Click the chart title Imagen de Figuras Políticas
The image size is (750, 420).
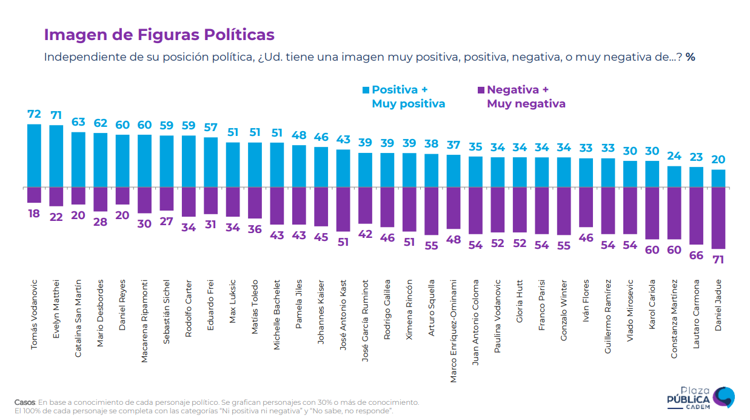(159, 35)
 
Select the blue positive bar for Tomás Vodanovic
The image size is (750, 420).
(35, 155)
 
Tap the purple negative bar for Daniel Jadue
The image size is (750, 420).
(718, 218)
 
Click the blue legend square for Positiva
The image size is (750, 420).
(366, 90)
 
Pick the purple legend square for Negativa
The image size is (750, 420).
(481, 90)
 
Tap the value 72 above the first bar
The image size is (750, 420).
(35, 114)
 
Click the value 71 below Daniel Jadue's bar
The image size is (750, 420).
(718, 259)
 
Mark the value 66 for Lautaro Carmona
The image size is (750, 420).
(697, 256)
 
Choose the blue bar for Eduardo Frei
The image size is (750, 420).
(211, 162)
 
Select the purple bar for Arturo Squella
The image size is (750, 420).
(432, 211)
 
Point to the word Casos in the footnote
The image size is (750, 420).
(25, 402)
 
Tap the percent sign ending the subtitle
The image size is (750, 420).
(691, 57)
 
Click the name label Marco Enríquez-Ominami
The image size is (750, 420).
(454, 331)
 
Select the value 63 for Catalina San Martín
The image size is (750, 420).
(79, 121)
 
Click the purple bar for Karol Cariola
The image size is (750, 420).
(652, 213)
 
